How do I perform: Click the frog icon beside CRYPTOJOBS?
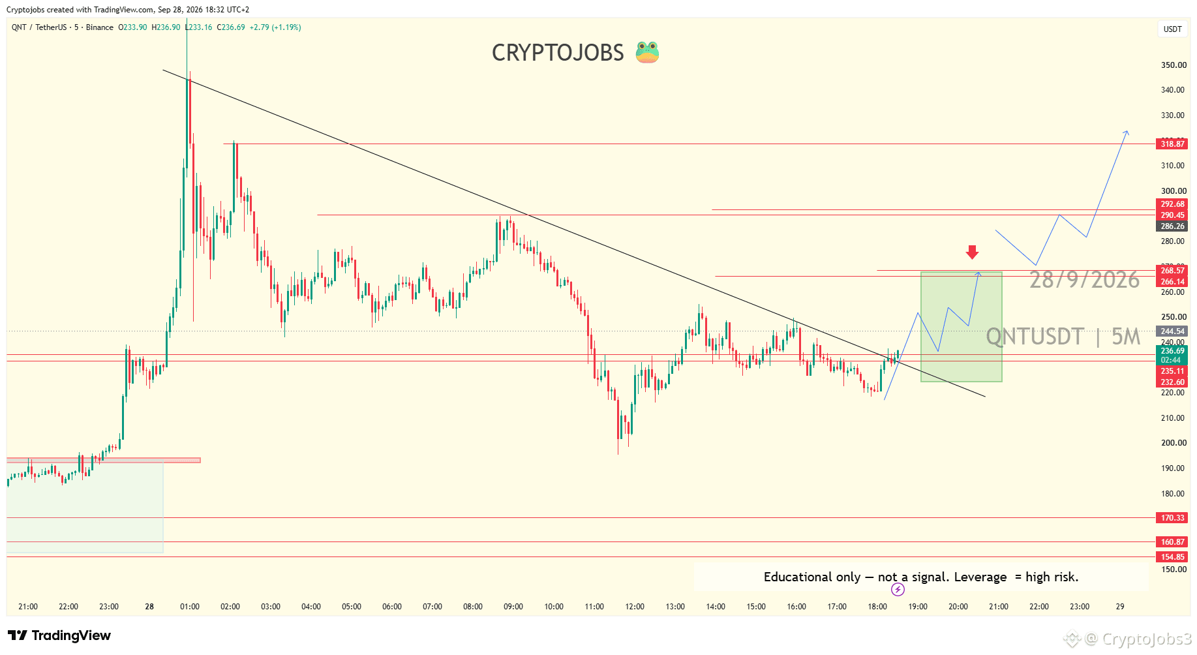[647, 52]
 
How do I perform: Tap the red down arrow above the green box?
[972, 252]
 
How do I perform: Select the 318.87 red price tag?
[1172, 144]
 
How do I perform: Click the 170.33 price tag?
[1172, 518]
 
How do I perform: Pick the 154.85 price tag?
[1172, 557]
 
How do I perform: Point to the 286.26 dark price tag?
[1172, 226]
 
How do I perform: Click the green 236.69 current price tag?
[1172, 351]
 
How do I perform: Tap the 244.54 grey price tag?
[1172, 331]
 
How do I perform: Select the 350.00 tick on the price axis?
[1174, 65]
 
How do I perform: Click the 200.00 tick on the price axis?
[1174, 443]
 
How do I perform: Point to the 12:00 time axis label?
[635, 607]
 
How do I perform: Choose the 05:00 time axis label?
[352, 607]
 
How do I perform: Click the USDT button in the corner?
[1173, 29]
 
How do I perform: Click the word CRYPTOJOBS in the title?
[558, 53]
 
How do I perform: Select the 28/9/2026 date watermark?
[1084, 280]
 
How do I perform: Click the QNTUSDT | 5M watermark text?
[1063, 337]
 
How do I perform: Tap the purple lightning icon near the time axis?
[898, 590]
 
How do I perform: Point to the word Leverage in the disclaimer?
[980, 577]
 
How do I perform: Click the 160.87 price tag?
[1172, 542]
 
